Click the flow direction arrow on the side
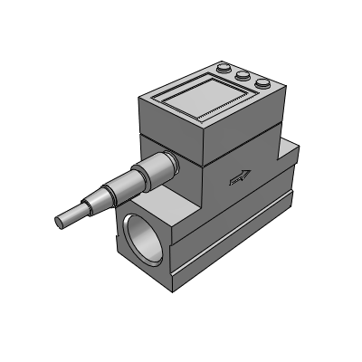point(241,177)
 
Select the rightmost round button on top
point(262,84)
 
